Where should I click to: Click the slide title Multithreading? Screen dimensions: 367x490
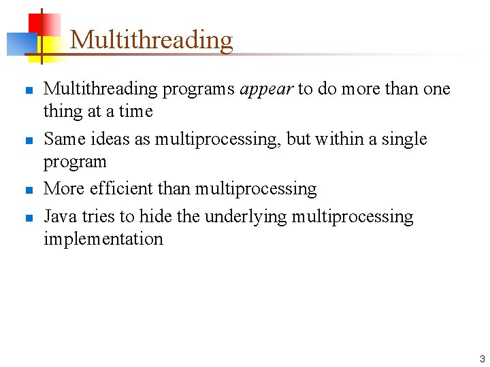pos(151,39)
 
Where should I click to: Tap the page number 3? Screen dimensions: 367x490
pos(482,358)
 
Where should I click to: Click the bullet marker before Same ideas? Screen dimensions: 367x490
pos(29,141)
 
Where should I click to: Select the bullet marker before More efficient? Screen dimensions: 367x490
pos(29,190)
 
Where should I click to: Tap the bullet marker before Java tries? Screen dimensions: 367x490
pos(29,218)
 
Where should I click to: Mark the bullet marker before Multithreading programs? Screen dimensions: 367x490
pos(29,90)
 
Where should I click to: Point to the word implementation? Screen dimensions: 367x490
pos(103,239)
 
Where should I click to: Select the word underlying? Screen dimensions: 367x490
pos(246,217)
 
